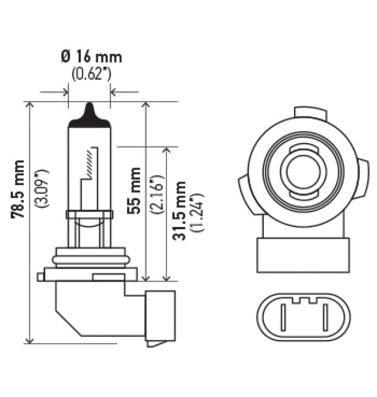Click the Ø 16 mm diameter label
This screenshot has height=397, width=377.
(x=92, y=56)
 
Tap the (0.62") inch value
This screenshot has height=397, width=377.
(x=91, y=74)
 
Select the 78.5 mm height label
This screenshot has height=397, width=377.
(x=18, y=189)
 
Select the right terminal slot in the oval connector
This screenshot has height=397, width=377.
(x=325, y=316)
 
